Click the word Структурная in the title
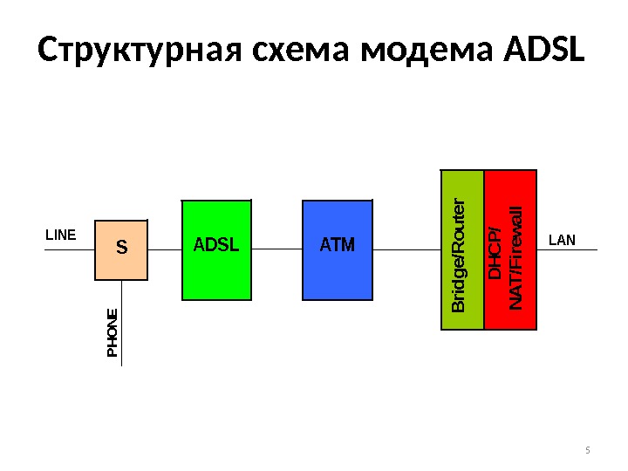coord(141,51)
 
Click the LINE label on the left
coord(61,235)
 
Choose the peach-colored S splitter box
coord(121,262)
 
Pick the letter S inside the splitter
coord(121,249)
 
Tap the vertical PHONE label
coord(112,332)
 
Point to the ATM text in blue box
coord(338,245)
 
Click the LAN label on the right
coord(563,239)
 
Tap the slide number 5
coord(587,450)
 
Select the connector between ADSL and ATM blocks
coord(276,249)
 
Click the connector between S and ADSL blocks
coord(164,249)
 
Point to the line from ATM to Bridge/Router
coord(406,249)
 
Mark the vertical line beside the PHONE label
coord(122,331)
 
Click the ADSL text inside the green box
coord(215,244)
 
